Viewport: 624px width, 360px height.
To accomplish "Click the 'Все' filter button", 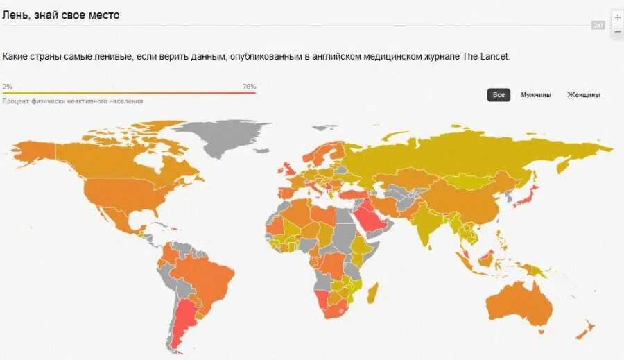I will tap(499, 95).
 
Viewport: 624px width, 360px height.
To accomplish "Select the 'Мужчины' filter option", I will tap(536, 95).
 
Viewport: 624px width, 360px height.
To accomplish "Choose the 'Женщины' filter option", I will tap(584, 95).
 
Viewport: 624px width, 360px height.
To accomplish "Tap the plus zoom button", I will tap(617, 17).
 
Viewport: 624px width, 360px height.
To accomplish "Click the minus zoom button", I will tap(617, 32).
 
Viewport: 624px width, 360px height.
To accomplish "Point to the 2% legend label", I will tap(7, 87).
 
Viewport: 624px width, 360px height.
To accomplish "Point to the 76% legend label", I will tap(249, 87).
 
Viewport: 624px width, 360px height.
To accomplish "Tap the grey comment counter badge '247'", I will tap(598, 25).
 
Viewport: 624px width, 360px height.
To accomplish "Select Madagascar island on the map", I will tap(372, 293).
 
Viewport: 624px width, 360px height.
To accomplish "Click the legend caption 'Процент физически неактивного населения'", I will tap(73, 101).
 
